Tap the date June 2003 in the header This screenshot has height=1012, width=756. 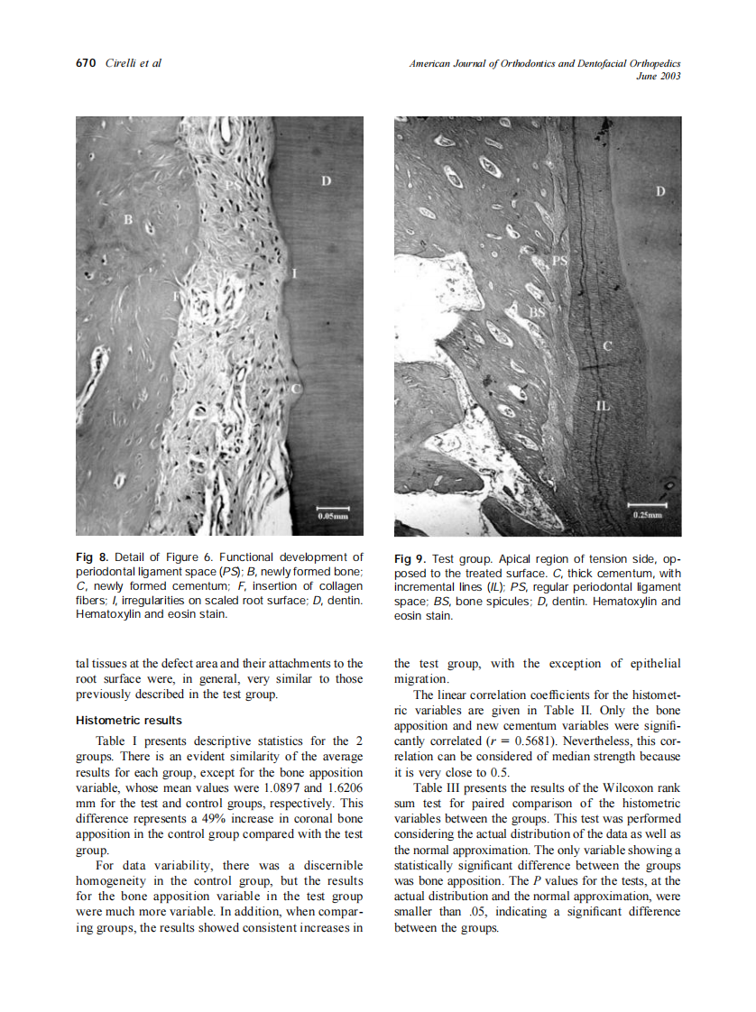[658, 76]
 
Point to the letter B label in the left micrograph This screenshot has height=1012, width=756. [128, 219]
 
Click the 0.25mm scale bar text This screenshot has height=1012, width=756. [647, 515]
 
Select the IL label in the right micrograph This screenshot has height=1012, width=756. [603, 407]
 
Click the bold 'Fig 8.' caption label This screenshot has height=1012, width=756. [89, 557]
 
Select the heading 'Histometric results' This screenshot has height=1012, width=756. [128, 721]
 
